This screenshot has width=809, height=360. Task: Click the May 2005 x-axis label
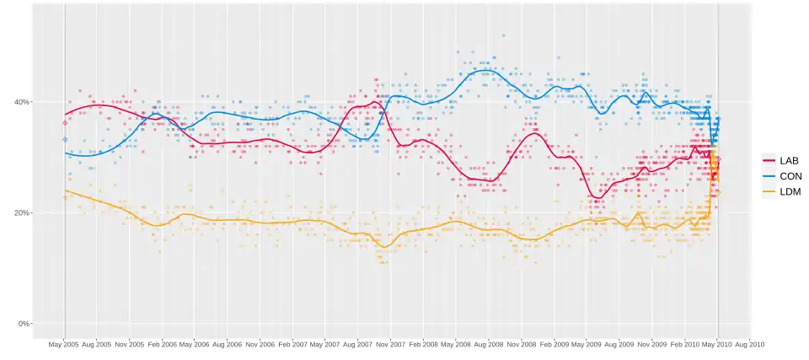point(65,345)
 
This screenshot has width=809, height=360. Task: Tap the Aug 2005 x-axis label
point(98,345)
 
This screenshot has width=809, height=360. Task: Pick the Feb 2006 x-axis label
point(163,345)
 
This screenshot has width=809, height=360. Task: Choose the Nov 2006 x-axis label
point(260,345)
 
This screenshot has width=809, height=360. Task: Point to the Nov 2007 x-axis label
point(391,345)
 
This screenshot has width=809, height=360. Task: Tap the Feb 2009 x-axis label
point(554,345)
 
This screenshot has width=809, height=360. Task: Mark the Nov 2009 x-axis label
point(651,345)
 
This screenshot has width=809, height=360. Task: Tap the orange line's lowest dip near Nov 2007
point(384,247)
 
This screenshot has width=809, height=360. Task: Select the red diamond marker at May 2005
point(65,123)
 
